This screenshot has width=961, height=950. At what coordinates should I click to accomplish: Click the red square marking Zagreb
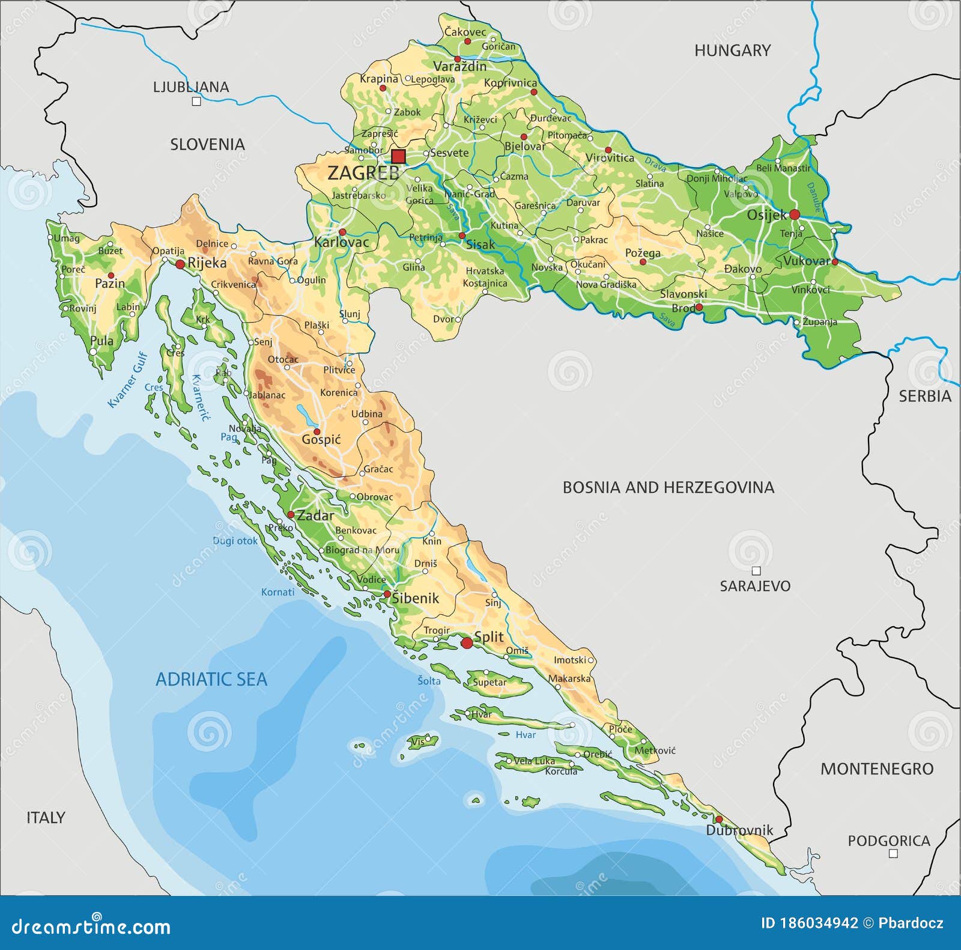[x=398, y=157]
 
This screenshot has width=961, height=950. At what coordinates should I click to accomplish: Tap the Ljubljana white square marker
[x=196, y=102]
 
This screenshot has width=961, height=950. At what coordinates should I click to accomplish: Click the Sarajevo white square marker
[x=756, y=571]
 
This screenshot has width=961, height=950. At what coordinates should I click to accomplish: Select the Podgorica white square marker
[x=893, y=853]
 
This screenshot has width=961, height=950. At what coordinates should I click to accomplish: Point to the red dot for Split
[x=467, y=643]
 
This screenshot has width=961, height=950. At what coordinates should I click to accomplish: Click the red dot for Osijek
[x=794, y=215]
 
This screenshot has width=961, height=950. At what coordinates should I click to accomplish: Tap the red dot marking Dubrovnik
[x=719, y=820]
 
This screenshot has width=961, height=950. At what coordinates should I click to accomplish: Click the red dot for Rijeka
[x=180, y=264]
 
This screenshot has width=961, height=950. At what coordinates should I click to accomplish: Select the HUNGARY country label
[x=732, y=50]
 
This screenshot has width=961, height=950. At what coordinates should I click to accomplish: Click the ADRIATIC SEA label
[x=211, y=679]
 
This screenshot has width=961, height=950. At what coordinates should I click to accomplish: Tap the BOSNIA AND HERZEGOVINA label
[x=668, y=487]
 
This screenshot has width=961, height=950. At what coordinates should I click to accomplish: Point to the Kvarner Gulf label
[x=127, y=380]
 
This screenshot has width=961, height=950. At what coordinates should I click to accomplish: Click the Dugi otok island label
[x=235, y=541]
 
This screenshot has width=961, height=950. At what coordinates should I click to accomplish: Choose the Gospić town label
[x=321, y=440]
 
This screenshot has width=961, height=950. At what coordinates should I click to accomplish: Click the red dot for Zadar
[x=291, y=515]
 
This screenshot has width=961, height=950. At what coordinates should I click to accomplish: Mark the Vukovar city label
[x=806, y=261]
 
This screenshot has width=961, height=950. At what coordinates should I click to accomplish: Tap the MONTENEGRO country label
[x=877, y=769]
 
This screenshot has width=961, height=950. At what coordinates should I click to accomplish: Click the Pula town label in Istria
[x=102, y=341]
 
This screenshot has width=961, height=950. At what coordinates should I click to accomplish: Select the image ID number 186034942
[x=809, y=924]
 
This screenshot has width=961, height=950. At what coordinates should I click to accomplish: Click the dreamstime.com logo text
[x=91, y=926]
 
